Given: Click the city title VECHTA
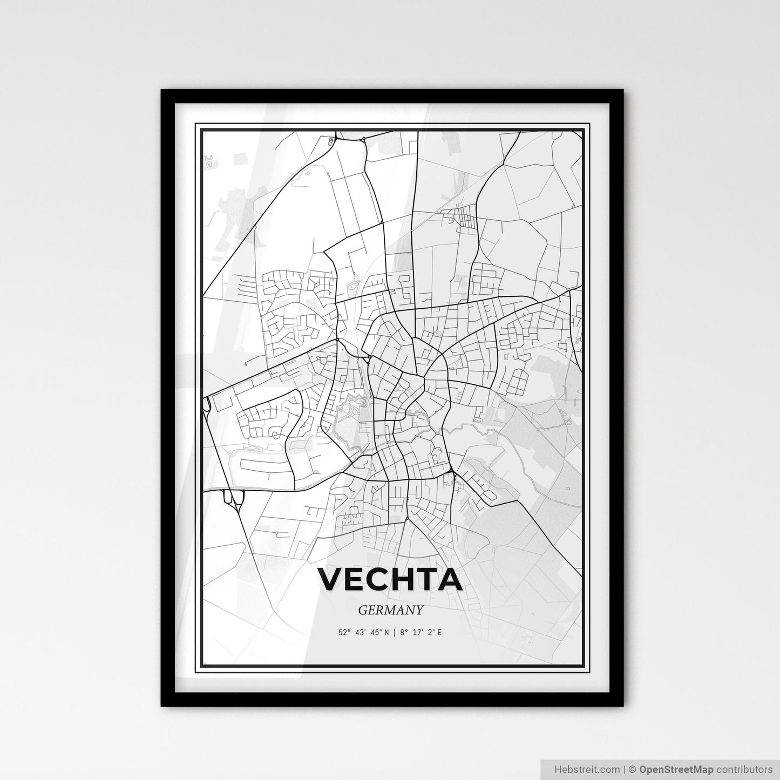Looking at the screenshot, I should coord(390,579).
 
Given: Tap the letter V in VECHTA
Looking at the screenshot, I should coord(330,579).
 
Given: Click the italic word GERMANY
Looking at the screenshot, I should coord(390,610).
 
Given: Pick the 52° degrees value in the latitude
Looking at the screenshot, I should coord(344,632).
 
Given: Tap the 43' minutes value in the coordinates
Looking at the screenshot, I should coord(360,632).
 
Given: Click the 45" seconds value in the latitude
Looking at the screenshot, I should coord(375,632).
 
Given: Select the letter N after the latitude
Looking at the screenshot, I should coord(386,632).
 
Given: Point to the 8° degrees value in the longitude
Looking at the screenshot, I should coord(403,632).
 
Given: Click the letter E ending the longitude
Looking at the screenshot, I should coord(439,632).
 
